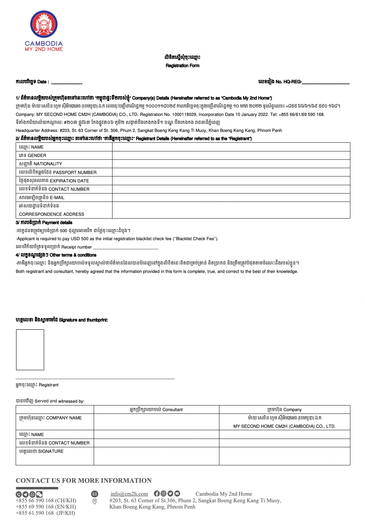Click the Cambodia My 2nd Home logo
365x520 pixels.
(x=44, y=31)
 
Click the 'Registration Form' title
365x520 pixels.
(x=182, y=65)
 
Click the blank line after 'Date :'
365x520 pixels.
(x=67, y=82)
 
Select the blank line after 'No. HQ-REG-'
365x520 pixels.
(x=326, y=82)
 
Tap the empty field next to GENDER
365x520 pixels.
(x=231, y=156)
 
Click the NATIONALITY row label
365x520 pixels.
(x=41, y=164)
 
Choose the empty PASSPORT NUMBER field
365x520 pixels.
(x=231, y=172)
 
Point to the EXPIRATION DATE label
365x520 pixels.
(x=54, y=181)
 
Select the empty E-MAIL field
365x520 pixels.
(x=231, y=197)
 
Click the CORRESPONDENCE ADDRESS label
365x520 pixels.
(x=52, y=214)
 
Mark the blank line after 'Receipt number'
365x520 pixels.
(x=126, y=248)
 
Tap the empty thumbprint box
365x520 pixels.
(x=30, y=349)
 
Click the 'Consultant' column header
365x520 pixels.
(x=156, y=410)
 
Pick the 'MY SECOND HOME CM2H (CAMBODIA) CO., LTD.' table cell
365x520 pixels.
(x=284, y=426)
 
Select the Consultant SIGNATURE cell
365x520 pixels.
(x=156, y=456)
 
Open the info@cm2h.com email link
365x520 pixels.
(x=129, y=494)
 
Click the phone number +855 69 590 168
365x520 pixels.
(x=46, y=507)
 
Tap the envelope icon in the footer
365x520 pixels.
(x=95, y=494)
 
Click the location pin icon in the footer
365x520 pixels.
(x=94, y=501)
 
